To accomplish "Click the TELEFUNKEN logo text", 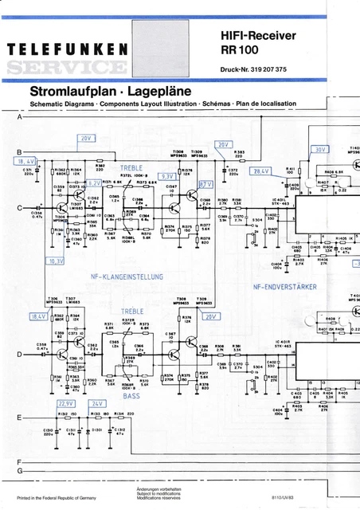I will pyautogui.click(x=70, y=50).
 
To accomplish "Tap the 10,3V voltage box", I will pyautogui.click(x=56, y=261).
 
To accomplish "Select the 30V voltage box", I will pyautogui.click(x=319, y=149).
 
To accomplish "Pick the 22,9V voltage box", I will pyautogui.click(x=65, y=403).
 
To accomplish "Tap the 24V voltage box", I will pyautogui.click(x=97, y=403).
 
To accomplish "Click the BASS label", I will pyautogui.click(x=131, y=395).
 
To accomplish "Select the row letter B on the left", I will pyautogui.click(x=19, y=152).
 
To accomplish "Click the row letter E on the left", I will pyautogui.click(x=19, y=418).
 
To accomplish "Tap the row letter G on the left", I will pyautogui.click(x=19, y=473).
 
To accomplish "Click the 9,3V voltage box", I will pyautogui.click(x=168, y=176).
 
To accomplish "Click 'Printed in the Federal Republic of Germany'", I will pyautogui.click(x=56, y=497).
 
